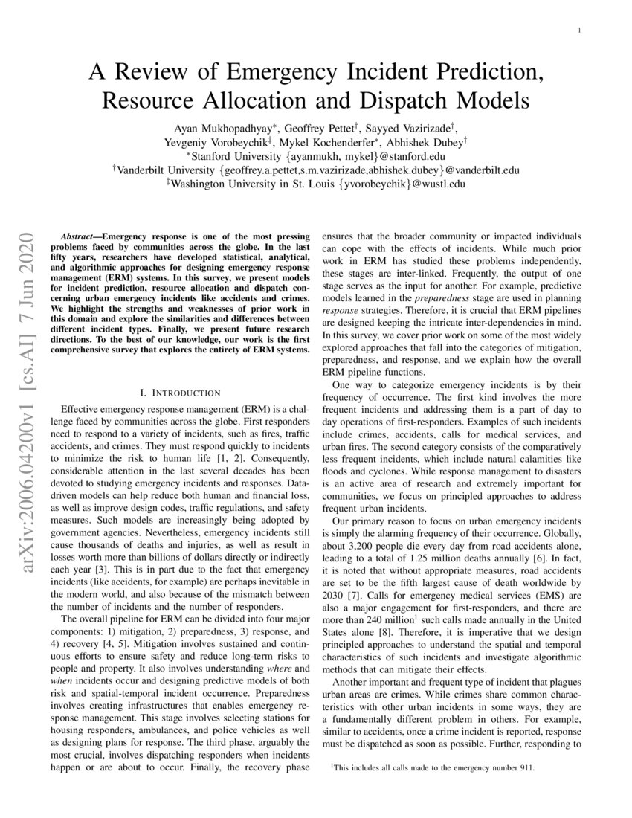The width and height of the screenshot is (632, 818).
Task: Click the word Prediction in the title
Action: pyautogui.click(x=470, y=72)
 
